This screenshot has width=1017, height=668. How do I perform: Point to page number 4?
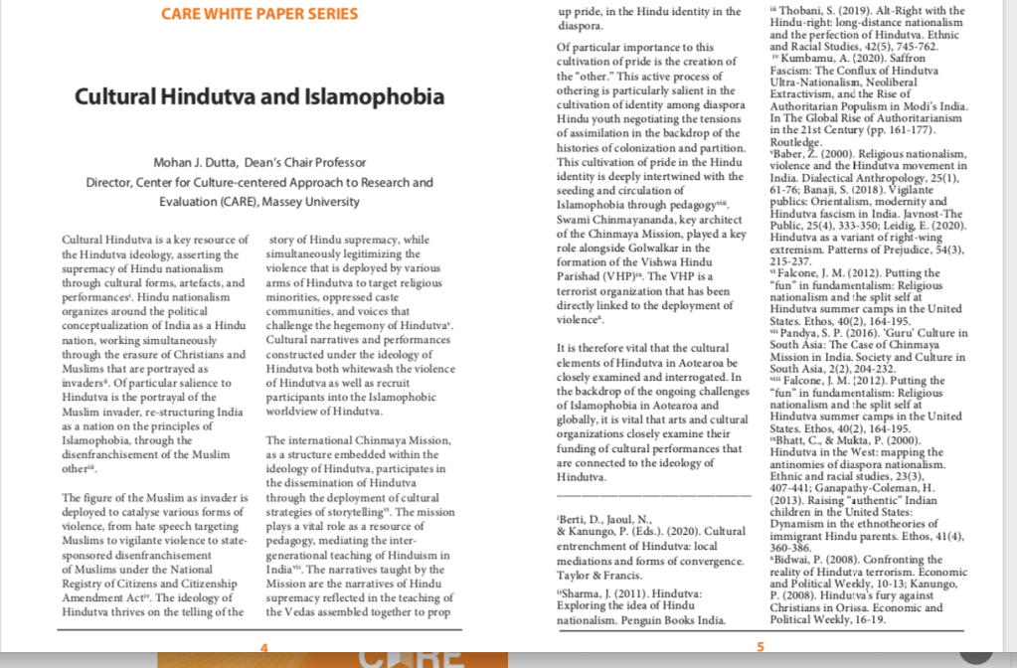pyautogui.click(x=263, y=647)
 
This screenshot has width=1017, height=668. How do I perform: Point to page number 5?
pyautogui.click(x=761, y=647)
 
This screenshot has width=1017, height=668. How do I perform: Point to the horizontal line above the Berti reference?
pyautogui.click(x=653, y=494)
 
